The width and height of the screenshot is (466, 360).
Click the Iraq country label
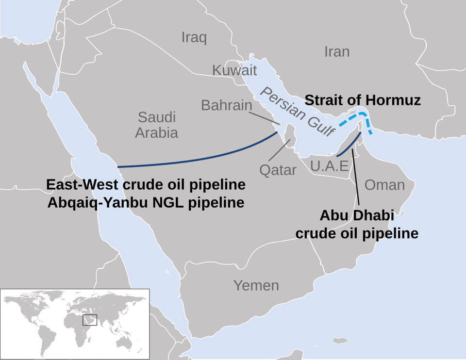click(x=194, y=37)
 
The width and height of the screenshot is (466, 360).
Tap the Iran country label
click(x=337, y=52)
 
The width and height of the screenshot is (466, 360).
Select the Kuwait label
click(x=234, y=70)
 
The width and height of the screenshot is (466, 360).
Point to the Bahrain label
click(x=227, y=105)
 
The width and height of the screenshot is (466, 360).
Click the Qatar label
click(x=278, y=170)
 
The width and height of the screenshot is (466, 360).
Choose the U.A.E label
click(x=330, y=166)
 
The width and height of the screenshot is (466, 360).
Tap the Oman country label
click(x=384, y=184)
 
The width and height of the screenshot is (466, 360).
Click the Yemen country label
click(x=256, y=285)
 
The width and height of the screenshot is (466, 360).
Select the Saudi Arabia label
click(x=156, y=125)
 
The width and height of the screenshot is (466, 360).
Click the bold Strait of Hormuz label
click(x=362, y=100)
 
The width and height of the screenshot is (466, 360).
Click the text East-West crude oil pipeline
click(x=146, y=185)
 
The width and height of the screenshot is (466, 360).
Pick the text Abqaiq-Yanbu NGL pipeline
click(x=146, y=202)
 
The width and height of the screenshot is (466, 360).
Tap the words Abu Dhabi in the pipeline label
click(x=357, y=215)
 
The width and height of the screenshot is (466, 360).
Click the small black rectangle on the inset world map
click(x=90, y=320)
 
